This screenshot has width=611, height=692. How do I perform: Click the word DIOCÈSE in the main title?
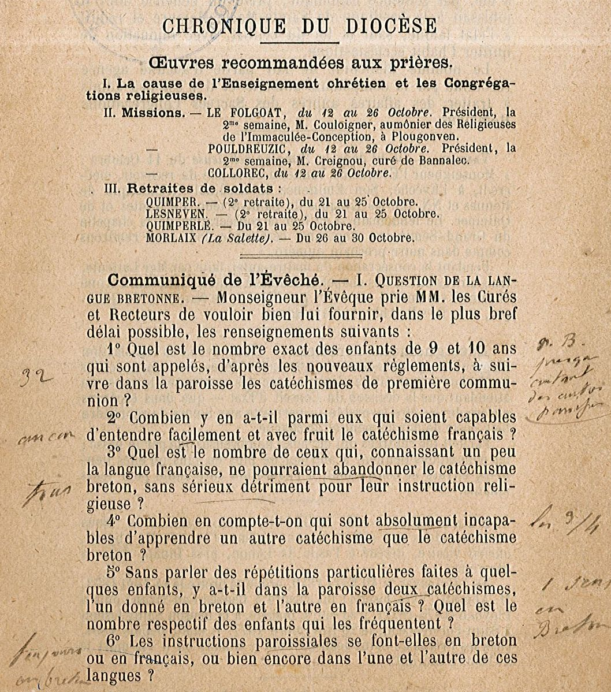pyautogui.click(x=391, y=26)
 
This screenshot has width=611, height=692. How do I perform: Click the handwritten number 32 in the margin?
pyautogui.click(x=36, y=378)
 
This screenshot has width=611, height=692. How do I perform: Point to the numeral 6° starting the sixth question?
pyautogui.click(x=114, y=641)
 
